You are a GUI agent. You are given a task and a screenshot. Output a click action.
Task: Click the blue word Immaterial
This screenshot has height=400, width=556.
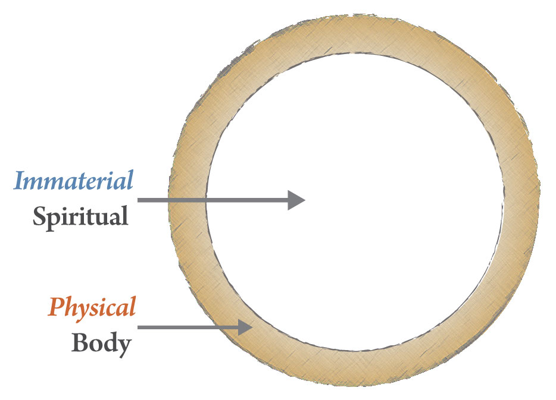[73, 181]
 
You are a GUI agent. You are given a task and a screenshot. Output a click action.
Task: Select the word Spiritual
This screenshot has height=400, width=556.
[80, 216]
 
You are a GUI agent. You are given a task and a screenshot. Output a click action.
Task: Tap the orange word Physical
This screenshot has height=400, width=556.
[92, 307]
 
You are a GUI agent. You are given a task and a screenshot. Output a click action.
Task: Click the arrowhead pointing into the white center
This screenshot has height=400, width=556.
[296, 200]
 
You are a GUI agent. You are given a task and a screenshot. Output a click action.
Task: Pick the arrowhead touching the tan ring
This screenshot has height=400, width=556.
[246, 327]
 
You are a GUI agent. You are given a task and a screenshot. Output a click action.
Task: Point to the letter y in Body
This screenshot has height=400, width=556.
[123, 346]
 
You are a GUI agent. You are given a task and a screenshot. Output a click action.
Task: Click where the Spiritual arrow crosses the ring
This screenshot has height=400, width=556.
[188, 200]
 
